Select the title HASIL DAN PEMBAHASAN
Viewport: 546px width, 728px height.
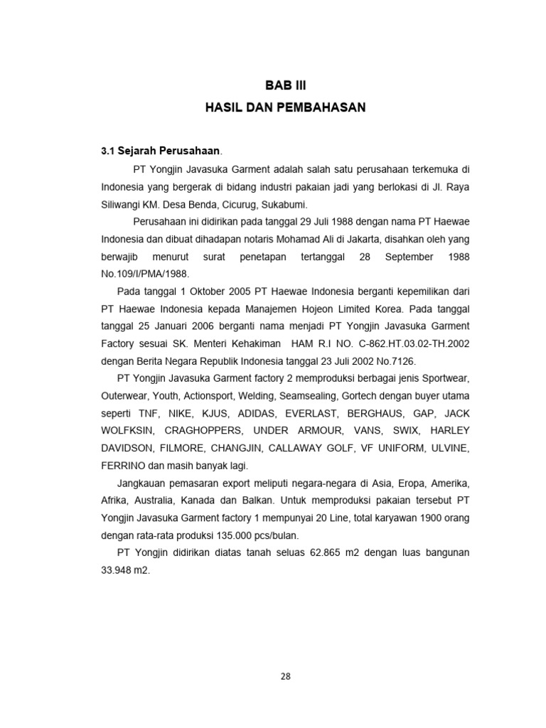coord(285,108)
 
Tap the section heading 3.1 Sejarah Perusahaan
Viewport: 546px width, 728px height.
coord(161,151)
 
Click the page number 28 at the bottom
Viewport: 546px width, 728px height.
coord(285,676)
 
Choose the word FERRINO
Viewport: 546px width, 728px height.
coord(122,465)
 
